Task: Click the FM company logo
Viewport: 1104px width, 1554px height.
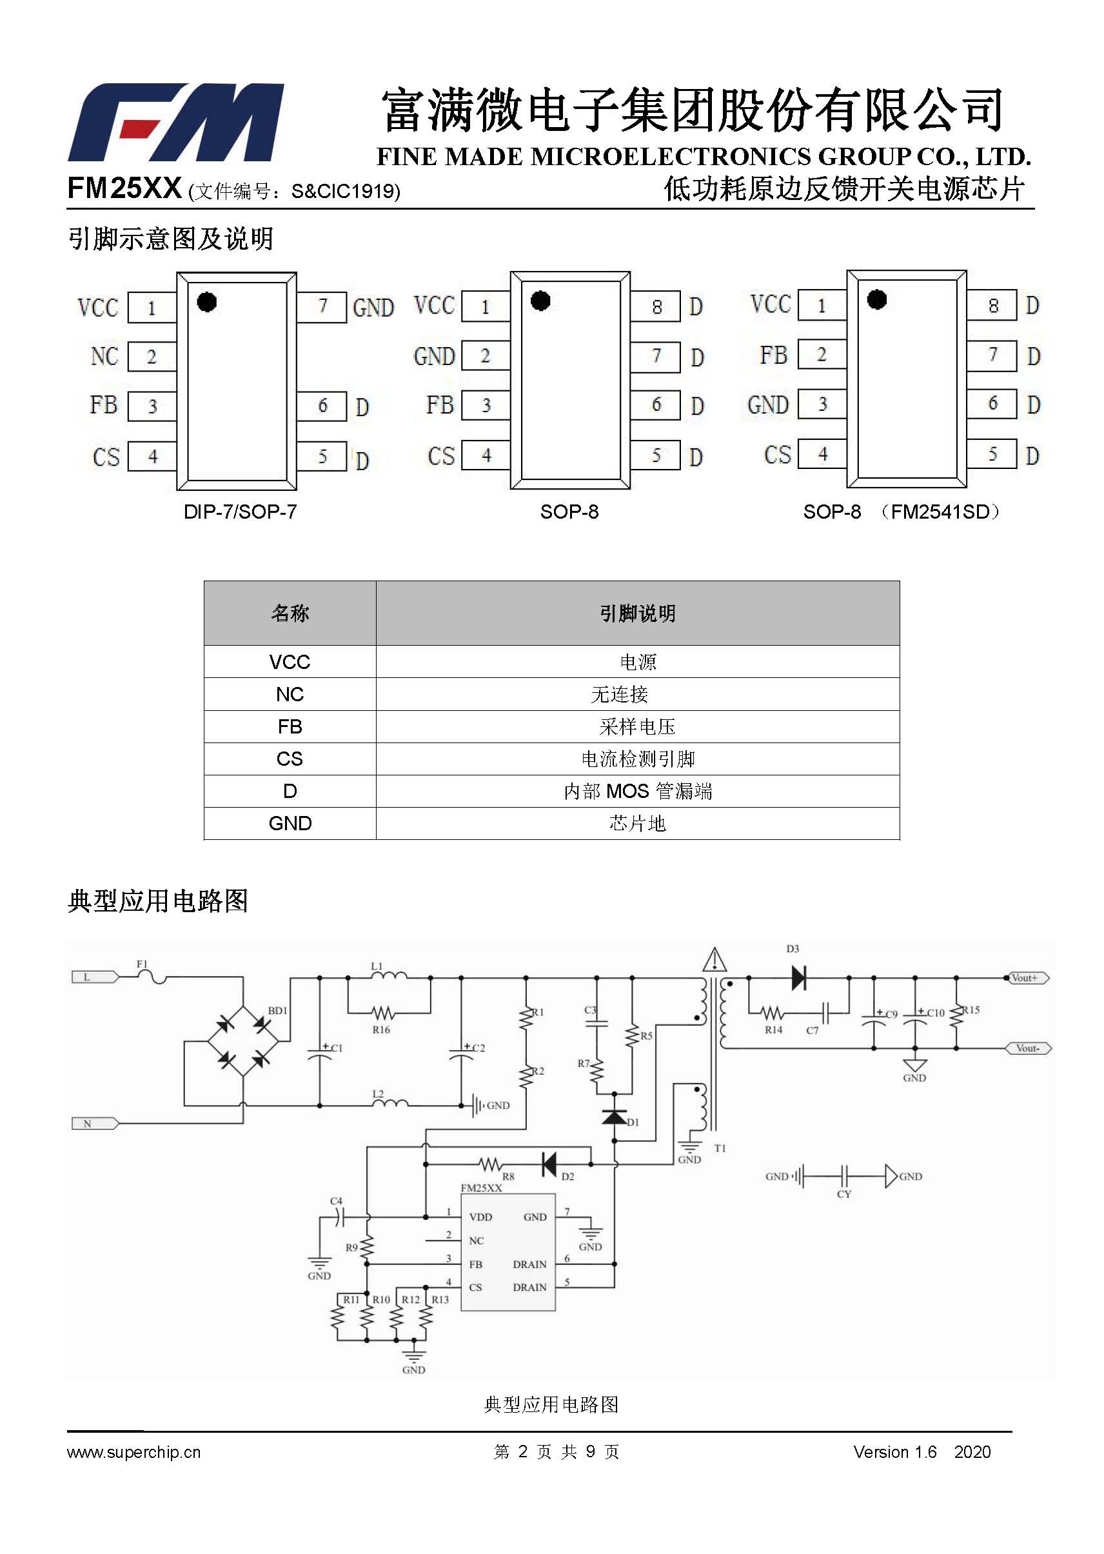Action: click(175, 123)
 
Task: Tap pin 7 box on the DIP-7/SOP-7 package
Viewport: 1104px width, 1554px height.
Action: click(322, 306)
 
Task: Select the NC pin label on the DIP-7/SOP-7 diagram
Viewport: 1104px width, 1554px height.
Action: click(104, 356)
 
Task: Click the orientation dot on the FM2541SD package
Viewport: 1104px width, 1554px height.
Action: click(877, 299)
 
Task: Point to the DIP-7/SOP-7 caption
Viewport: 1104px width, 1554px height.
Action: click(240, 512)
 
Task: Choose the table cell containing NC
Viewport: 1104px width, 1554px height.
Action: click(290, 693)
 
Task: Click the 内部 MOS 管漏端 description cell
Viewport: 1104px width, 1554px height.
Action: click(638, 791)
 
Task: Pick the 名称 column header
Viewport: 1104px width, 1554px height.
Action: click(290, 613)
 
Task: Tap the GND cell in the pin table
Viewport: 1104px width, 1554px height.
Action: click(290, 823)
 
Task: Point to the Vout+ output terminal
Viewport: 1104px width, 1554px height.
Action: click(1028, 978)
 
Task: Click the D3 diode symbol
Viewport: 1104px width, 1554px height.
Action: click(799, 978)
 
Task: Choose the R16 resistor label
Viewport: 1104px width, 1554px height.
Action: click(381, 1030)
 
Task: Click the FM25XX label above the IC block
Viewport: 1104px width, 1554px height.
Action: click(481, 1188)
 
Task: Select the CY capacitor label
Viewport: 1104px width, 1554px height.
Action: click(843, 1194)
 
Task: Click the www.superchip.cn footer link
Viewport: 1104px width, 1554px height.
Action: click(134, 1452)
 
